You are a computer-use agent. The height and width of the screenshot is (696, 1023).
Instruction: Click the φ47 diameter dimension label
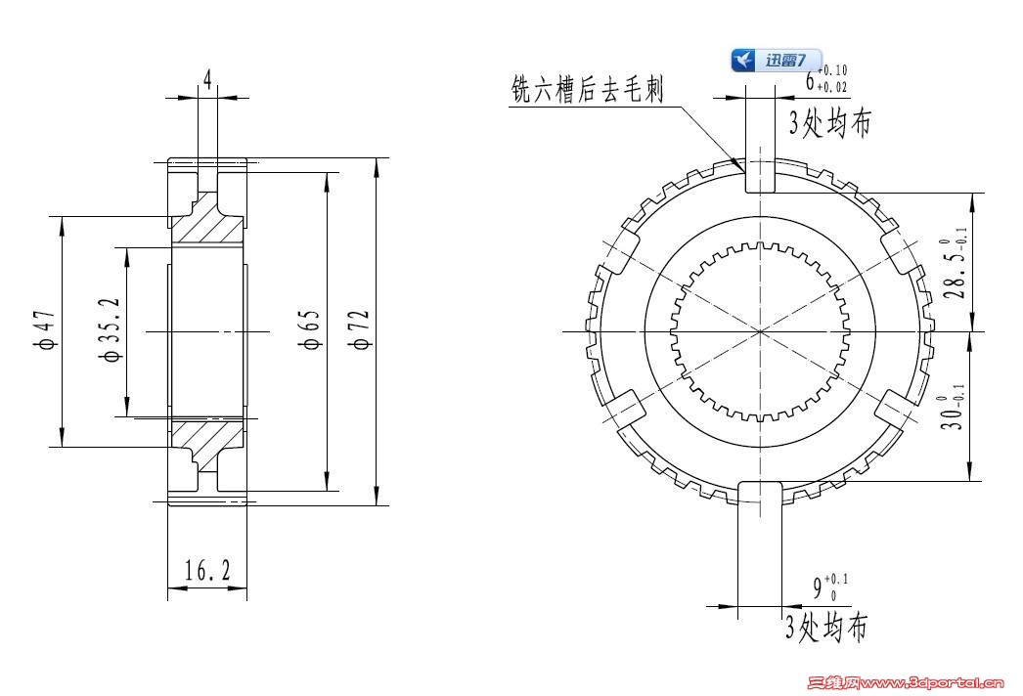pos(45,331)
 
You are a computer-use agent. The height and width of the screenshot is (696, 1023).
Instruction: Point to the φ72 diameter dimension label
pos(360,330)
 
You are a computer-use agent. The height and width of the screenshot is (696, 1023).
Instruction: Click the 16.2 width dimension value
pos(207,571)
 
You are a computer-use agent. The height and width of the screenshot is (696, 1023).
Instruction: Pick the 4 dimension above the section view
pos(207,79)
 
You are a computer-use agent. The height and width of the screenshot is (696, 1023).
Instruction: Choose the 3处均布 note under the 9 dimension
pos(825,627)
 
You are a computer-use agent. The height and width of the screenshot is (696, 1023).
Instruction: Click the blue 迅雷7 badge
pos(777,60)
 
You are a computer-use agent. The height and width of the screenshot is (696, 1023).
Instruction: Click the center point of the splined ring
pos(760,331)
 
